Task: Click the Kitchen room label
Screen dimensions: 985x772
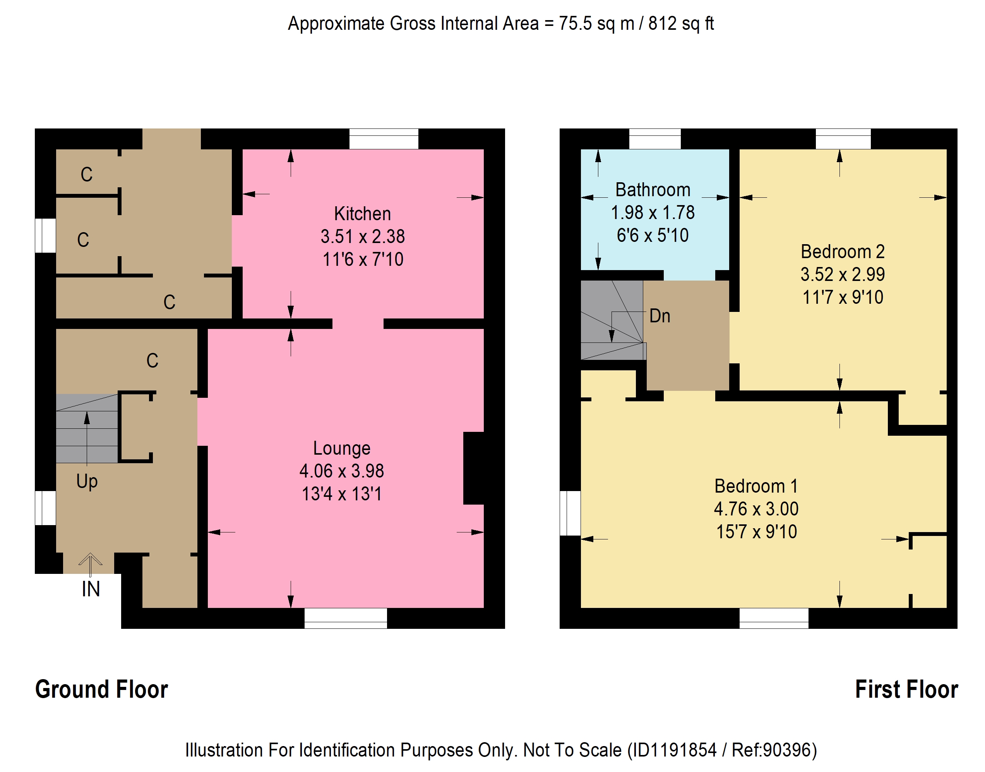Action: click(362, 214)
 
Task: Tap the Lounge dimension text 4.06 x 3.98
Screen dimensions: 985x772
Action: click(342, 471)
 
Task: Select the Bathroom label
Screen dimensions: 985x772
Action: click(653, 190)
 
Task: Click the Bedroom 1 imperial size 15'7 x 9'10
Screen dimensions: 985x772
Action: click(756, 532)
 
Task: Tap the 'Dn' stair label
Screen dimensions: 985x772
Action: click(660, 316)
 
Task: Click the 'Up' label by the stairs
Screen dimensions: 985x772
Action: click(87, 482)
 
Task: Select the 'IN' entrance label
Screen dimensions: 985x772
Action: click(91, 589)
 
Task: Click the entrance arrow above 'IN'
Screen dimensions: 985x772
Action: click(91, 565)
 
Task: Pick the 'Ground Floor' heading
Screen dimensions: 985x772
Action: click(102, 690)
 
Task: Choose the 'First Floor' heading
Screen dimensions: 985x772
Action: click(906, 690)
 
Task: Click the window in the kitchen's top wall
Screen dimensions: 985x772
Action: click(384, 139)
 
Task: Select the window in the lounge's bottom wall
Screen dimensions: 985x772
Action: click(345, 618)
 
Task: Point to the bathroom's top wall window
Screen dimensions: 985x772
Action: click(654, 139)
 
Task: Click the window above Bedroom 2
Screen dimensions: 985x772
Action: click(843, 139)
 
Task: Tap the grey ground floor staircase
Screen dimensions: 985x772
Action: click(87, 428)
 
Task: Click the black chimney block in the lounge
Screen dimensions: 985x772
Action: click(474, 468)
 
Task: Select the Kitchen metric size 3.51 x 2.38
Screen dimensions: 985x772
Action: click(363, 236)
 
